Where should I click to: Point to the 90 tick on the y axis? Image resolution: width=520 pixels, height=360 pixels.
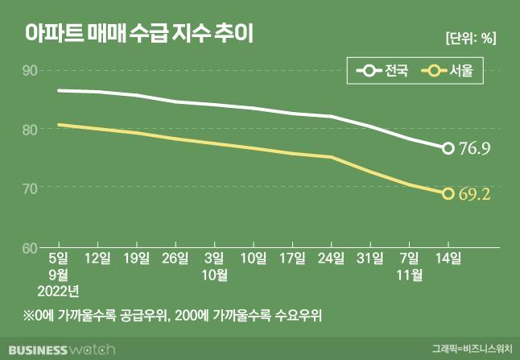click(31, 71)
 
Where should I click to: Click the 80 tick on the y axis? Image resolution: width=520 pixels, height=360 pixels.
click(31, 130)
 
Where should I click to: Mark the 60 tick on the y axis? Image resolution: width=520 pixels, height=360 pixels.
click(31, 247)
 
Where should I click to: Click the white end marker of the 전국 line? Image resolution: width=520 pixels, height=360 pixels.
click(448, 147)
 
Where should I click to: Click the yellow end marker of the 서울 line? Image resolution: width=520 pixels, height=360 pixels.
click(448, 193)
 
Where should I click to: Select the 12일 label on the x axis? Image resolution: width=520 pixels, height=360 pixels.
click(97, 259)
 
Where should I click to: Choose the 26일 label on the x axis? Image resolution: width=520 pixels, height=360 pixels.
click(175, 259)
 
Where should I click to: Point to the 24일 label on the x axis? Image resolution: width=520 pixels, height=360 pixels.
click(332, 259)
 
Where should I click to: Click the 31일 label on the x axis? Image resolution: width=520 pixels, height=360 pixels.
click(370, 259)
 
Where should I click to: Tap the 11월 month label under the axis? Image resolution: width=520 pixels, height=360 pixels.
click(409, 274)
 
